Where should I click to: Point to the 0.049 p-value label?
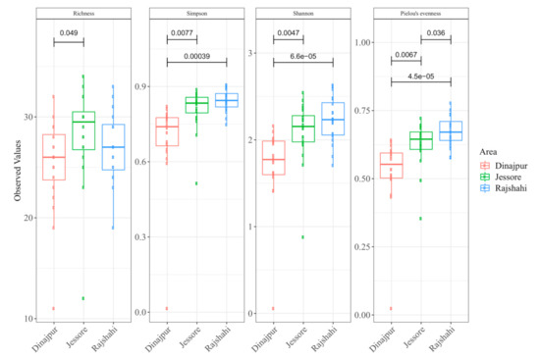[69, 33]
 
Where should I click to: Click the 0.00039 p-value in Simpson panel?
[197, 57]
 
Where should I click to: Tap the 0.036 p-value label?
[437, 33]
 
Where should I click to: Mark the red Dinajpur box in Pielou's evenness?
[392, 165]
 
